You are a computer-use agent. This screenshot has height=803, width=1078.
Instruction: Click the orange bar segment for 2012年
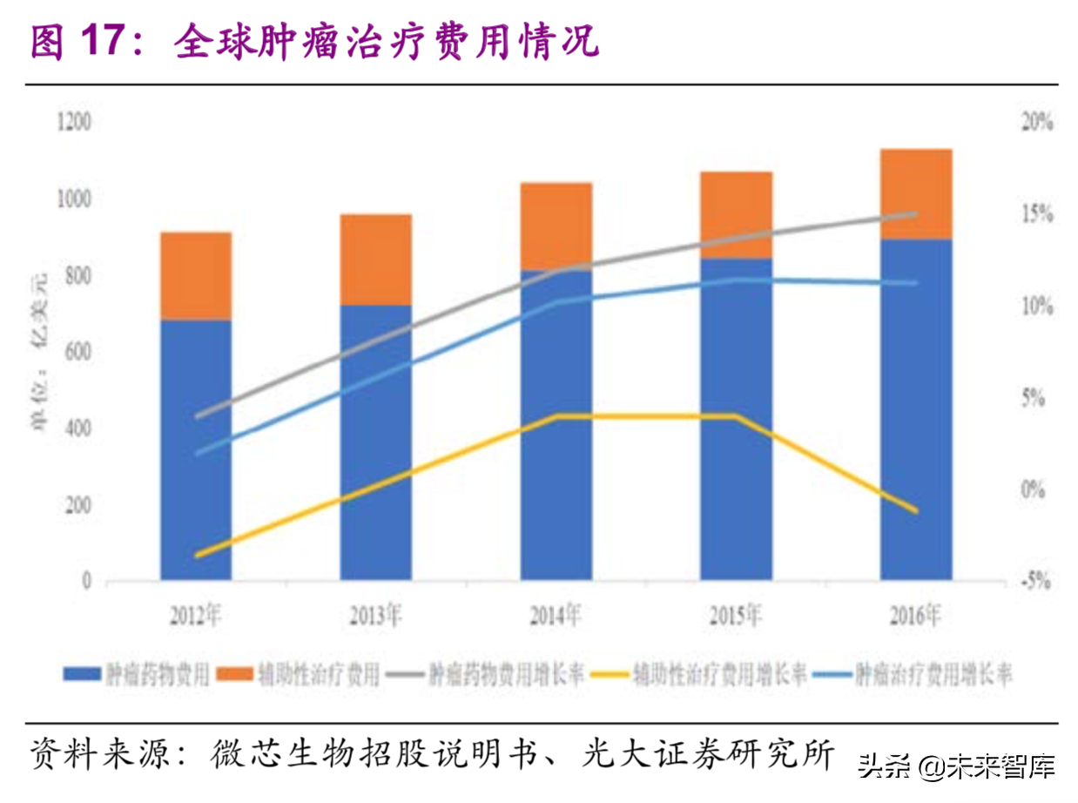(196, 276)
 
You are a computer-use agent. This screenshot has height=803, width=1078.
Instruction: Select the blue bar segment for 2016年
(916, 409)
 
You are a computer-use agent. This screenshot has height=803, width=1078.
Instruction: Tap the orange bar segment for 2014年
(556, 226)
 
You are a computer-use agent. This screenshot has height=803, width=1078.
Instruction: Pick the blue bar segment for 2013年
(376, 442)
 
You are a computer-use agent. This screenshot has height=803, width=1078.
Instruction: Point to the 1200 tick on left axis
(74, 122)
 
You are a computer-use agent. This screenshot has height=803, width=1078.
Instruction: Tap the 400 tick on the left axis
(78, 428)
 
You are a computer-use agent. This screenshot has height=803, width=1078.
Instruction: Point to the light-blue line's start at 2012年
(196, 453)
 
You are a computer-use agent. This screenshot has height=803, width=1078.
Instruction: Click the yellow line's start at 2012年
(196, 555)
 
